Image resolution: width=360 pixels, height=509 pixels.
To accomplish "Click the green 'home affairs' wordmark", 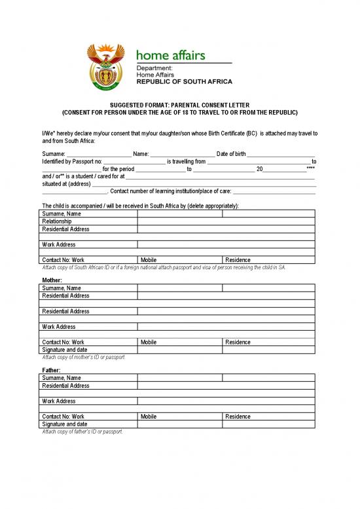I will pyautogui.click(x=170, y=56).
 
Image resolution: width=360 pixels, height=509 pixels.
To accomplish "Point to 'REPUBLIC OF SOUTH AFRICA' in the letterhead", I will pyautogui.click(x=183, y=82).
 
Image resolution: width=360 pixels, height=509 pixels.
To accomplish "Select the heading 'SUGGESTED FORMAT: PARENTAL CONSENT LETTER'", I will pyautogui.click(x=179, y=105).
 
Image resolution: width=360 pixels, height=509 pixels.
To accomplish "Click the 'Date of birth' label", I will pyautogui.click(x=231, y=154).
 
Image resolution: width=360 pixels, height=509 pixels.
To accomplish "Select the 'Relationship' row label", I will pyautogui.click(x=57, y=221).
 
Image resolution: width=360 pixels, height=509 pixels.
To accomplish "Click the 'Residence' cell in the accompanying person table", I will pyautogui.click(x=238, y=260).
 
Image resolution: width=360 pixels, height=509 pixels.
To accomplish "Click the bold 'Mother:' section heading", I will pyautogui.click(x=52, y=280).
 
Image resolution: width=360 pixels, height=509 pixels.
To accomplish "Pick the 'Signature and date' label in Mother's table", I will pyautogui.click(x=64, y=350).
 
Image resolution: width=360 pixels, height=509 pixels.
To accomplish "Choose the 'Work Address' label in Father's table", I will pyautogui.click(x=59, y=401).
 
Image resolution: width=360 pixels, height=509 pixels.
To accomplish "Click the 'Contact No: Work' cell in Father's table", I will pyautogui.click(x=63, y=417).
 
